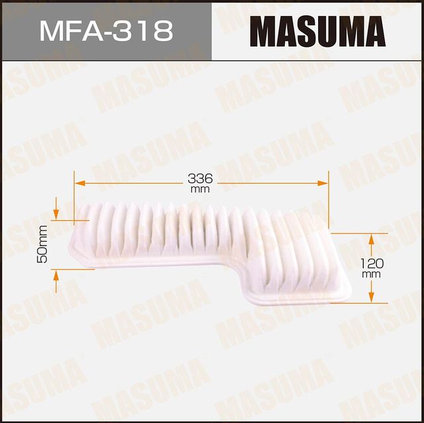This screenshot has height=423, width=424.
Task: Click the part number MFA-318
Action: tap(107, 30)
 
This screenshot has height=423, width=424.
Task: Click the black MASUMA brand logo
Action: tap(317, 31)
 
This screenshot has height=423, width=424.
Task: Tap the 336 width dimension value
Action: tap(200, 178)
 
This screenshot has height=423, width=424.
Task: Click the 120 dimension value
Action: tap(372, 263)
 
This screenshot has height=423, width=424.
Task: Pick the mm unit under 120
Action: tap(372, 273)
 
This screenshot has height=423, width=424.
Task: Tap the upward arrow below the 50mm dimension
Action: tap(56, 274)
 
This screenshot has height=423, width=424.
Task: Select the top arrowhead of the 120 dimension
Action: tap(372, 238)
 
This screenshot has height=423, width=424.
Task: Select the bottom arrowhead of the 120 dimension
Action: tap(372, 297)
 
